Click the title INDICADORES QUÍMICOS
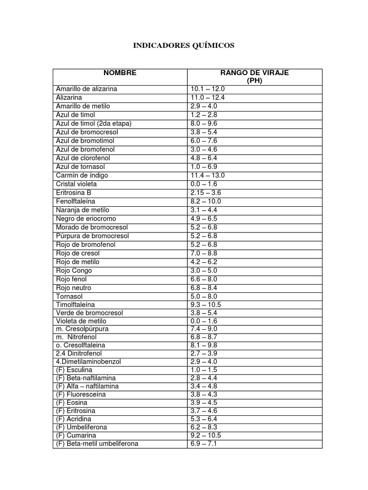click(184, 45)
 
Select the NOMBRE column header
click(120, 73)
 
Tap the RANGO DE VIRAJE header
click(254, 73)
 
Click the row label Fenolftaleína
click(76, 201)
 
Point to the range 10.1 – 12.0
click(207, 89)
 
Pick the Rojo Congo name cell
click(74, 270)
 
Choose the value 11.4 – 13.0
click(207, 175)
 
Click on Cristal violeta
click(76, 184)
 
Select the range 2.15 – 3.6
click(206, 192)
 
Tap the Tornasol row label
click(70, 296)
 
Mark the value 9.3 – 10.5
click(206, 304)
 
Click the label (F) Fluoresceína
click(81, 394)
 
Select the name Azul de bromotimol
click(85, 141)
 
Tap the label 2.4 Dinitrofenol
click(79, 353)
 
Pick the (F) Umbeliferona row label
click(81, 427)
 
